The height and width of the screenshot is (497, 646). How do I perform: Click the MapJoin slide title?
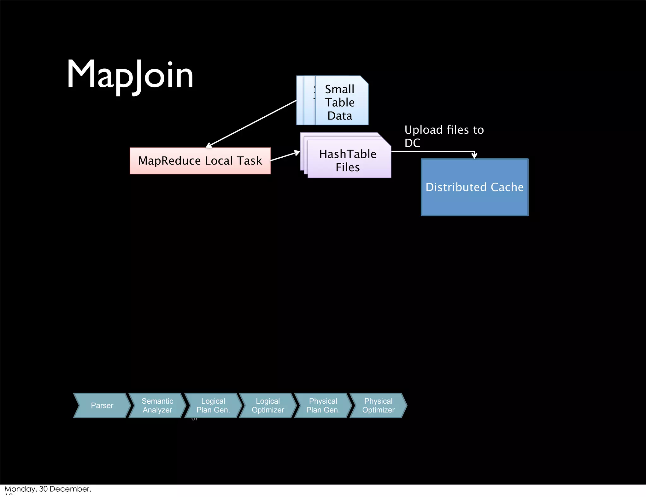pos(130,75)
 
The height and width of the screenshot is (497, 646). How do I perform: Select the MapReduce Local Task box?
pos(200,161)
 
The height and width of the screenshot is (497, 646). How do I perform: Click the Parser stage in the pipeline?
pos(102,406)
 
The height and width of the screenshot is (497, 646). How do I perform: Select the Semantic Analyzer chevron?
pos(157,406)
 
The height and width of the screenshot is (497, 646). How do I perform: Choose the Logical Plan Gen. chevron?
pos(213,406)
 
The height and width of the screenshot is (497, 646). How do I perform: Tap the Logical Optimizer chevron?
pos(268,406)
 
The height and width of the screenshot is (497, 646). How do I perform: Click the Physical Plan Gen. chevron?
pos(323,406)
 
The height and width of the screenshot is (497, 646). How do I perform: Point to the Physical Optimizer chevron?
pos(378,406)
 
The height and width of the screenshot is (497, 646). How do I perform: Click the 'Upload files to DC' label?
pos(444,136)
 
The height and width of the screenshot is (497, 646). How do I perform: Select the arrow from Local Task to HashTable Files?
pos(285,156)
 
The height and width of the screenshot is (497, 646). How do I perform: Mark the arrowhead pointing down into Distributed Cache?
pos(474,155)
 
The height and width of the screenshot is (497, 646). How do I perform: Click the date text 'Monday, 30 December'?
pos(48,489)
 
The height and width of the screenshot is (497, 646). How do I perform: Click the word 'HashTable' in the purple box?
pos(348,154)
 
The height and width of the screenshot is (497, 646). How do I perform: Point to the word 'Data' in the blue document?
pos(340,116)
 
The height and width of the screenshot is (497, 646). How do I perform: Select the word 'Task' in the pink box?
pos(250,161)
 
